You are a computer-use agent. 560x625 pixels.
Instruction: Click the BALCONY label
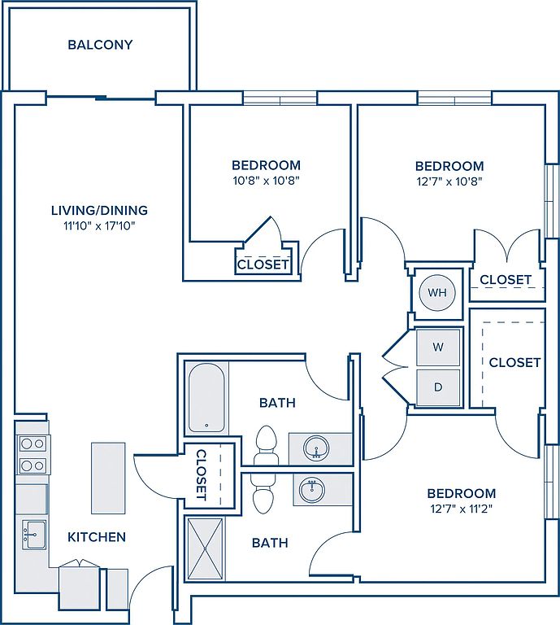100,45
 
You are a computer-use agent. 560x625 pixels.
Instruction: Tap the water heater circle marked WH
437,293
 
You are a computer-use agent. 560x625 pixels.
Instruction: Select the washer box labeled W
438,347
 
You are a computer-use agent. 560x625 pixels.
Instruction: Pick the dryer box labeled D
438,387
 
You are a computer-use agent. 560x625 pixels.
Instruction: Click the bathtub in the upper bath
206,397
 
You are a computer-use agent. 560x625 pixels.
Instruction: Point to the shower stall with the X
205,549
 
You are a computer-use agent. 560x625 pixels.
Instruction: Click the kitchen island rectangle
108,478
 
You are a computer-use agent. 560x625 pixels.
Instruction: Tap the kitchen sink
34,534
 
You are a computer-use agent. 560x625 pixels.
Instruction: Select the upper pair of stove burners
33,444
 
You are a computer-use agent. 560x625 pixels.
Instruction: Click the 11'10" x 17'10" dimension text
99,226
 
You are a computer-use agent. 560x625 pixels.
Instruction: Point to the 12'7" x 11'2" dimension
462,509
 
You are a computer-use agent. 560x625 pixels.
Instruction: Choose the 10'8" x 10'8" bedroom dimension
266,181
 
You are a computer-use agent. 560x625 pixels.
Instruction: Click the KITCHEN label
97,537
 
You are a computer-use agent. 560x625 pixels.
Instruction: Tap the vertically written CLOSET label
202,475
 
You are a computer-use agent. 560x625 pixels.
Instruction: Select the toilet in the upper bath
266,445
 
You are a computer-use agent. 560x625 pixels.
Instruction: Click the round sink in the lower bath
312,489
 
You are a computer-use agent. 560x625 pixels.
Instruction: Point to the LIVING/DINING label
99,210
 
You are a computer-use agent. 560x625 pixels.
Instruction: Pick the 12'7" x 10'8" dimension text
449,181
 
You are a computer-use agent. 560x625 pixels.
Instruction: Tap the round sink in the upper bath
316,448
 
